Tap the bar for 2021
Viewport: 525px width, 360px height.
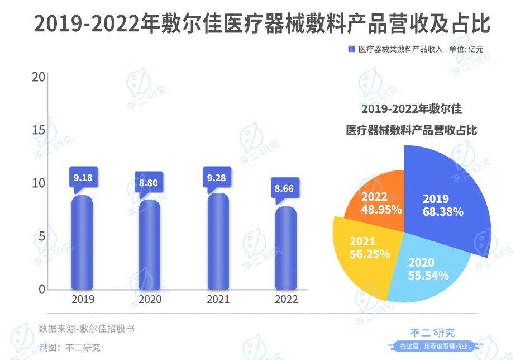[x=218, y=241]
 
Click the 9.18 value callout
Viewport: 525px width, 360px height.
[x=84, y=178]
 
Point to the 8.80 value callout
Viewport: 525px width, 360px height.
[x=150, y=183]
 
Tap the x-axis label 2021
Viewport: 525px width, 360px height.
[x=218, y=300]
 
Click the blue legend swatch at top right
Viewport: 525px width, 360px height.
[x=352, y=49]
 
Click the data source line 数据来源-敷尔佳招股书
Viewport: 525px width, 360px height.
[x=87, y=328]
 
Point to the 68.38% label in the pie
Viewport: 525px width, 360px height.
[x=443, y=212]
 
